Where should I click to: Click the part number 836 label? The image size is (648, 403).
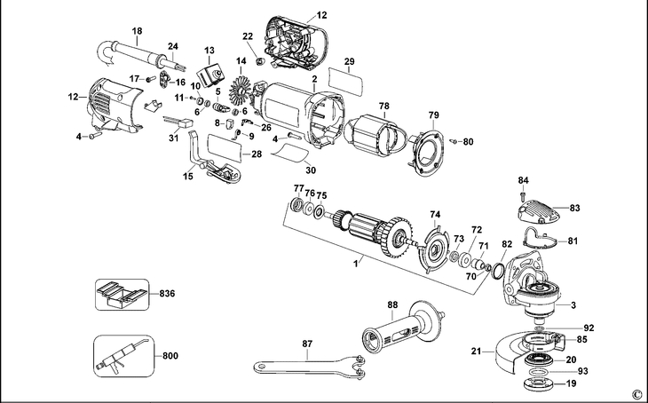coord(167,293)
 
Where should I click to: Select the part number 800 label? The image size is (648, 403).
coord(170,356)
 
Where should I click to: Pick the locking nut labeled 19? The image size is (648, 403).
coord(541,383)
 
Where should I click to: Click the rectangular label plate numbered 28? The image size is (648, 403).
coord(223,146)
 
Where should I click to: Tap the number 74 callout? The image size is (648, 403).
coord(435,215)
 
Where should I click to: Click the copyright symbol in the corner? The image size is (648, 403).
coord(636,392)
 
